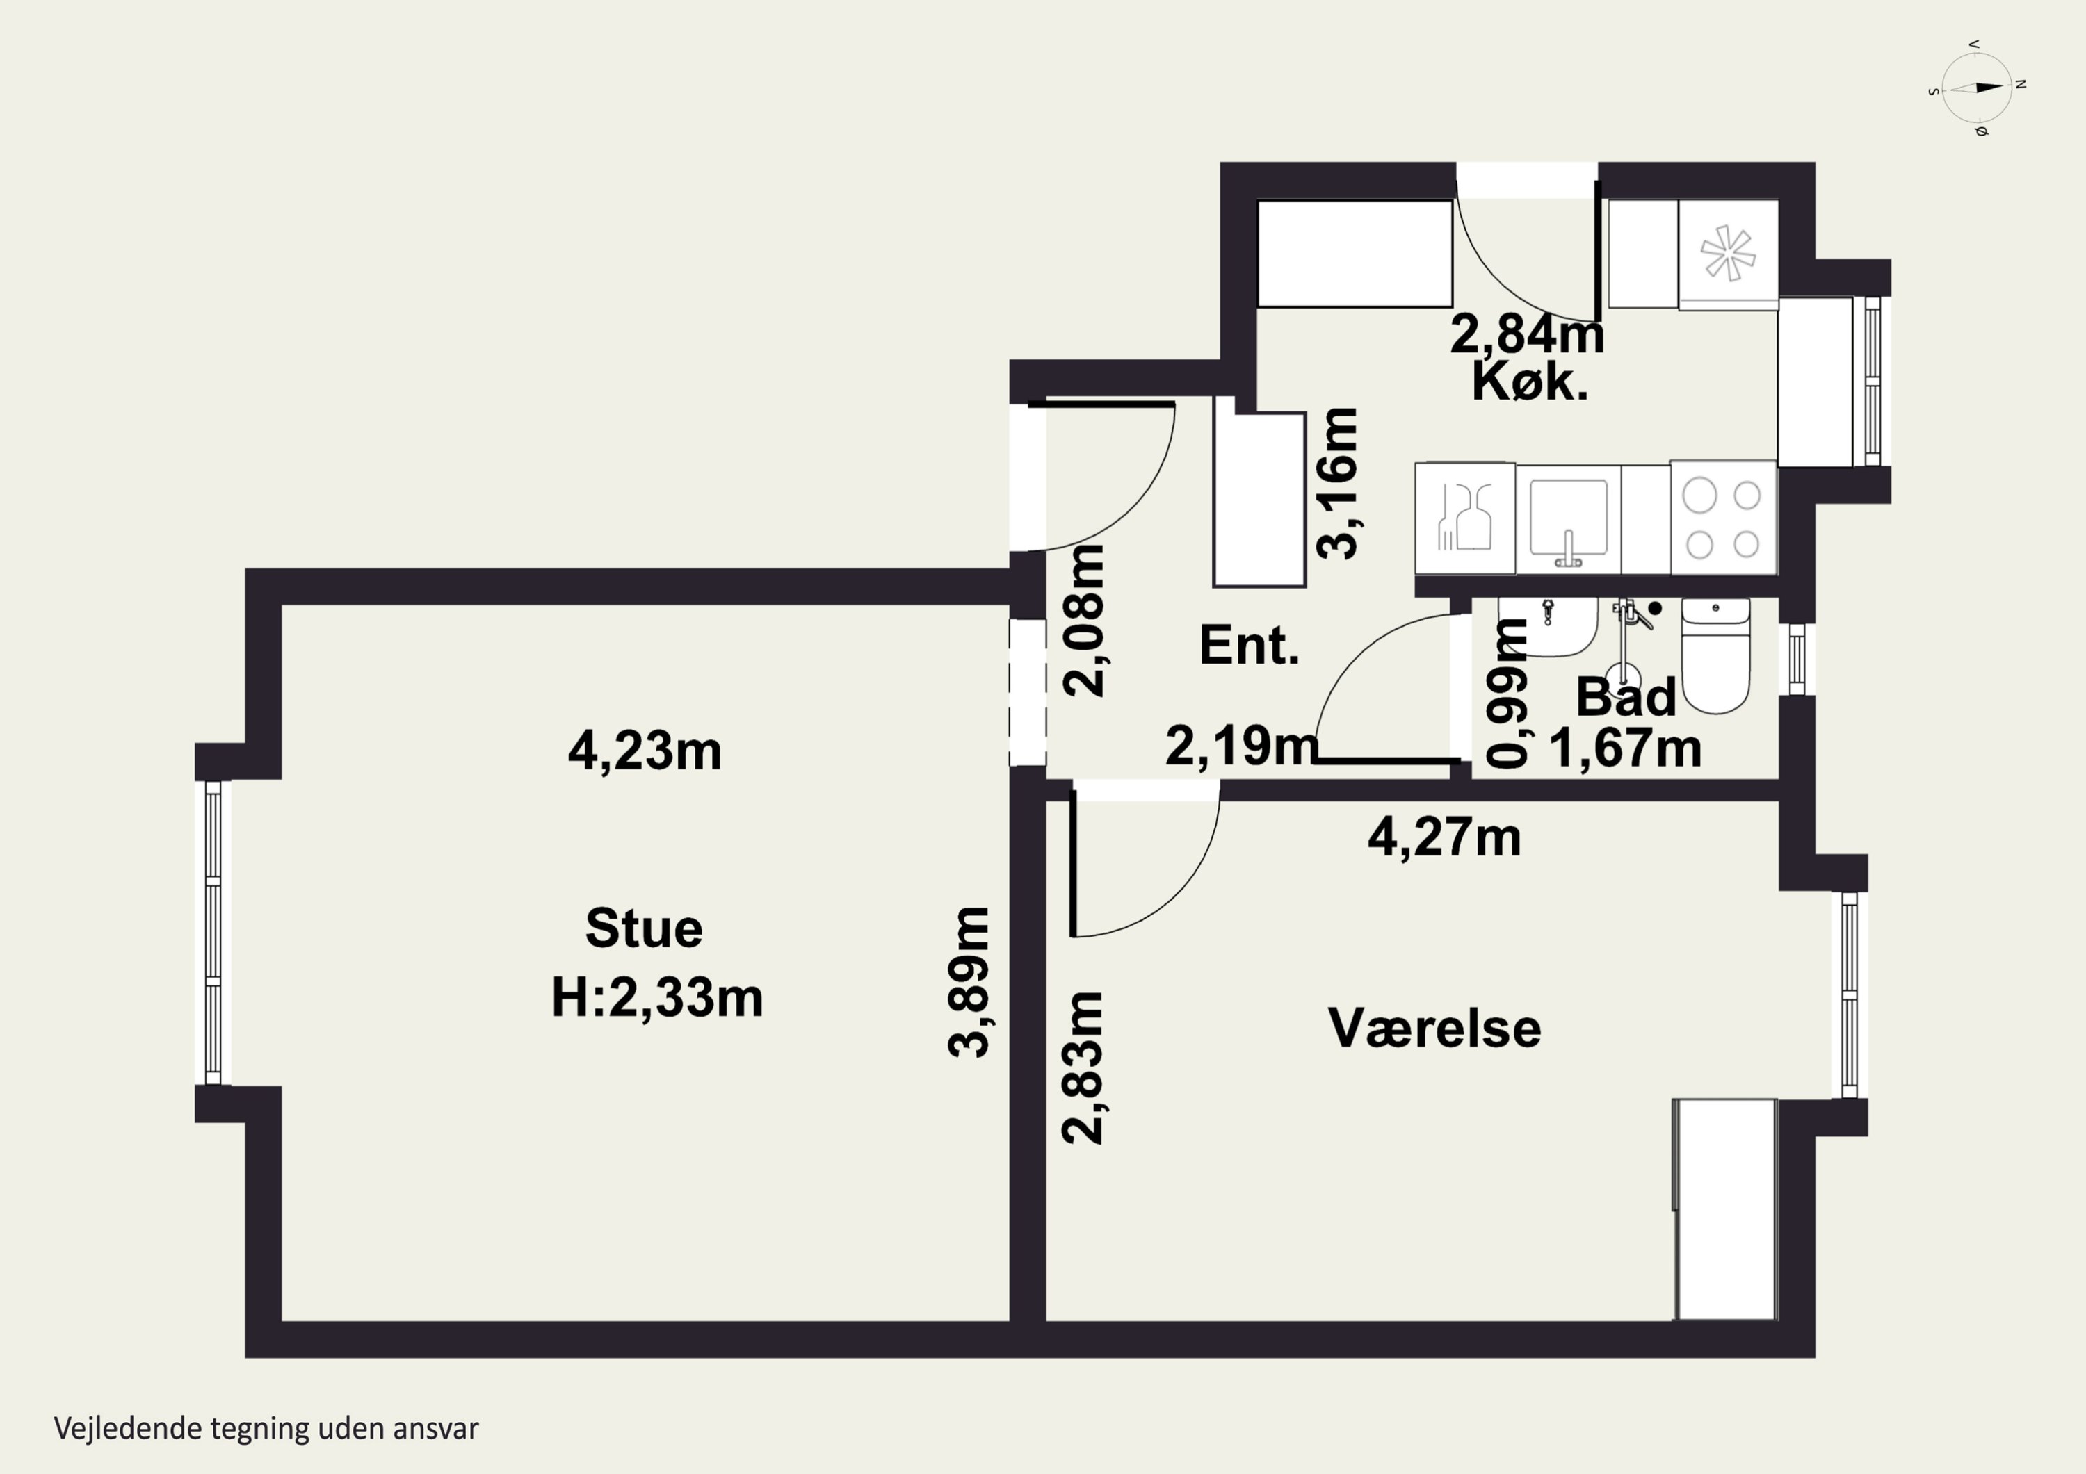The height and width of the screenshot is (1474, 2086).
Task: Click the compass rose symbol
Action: coord(1976,88)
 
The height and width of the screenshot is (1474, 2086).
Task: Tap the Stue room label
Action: coord(643,928)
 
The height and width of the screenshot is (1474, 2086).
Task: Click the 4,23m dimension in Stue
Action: coord(644,752)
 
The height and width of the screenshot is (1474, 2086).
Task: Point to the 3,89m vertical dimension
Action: coord(969,982)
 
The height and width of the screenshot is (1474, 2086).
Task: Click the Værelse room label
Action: coord(1434,1028)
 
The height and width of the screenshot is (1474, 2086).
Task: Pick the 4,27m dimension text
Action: coord(1444,837)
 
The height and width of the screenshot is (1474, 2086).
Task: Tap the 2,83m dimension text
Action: coord(1083,1067)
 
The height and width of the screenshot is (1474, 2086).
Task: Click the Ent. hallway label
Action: coord(1250,646)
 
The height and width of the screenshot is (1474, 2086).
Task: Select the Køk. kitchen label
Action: coord(1530,382)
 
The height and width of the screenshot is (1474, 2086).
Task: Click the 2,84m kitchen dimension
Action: coord(1526,334)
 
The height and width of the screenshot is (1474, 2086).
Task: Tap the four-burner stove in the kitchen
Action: coord(1722,518)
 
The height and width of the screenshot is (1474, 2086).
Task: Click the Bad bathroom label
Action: coord(1626,698)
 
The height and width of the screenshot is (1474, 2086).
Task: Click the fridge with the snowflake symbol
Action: coord(1727,254)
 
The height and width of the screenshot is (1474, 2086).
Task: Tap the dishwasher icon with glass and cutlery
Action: coord(1464,518)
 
